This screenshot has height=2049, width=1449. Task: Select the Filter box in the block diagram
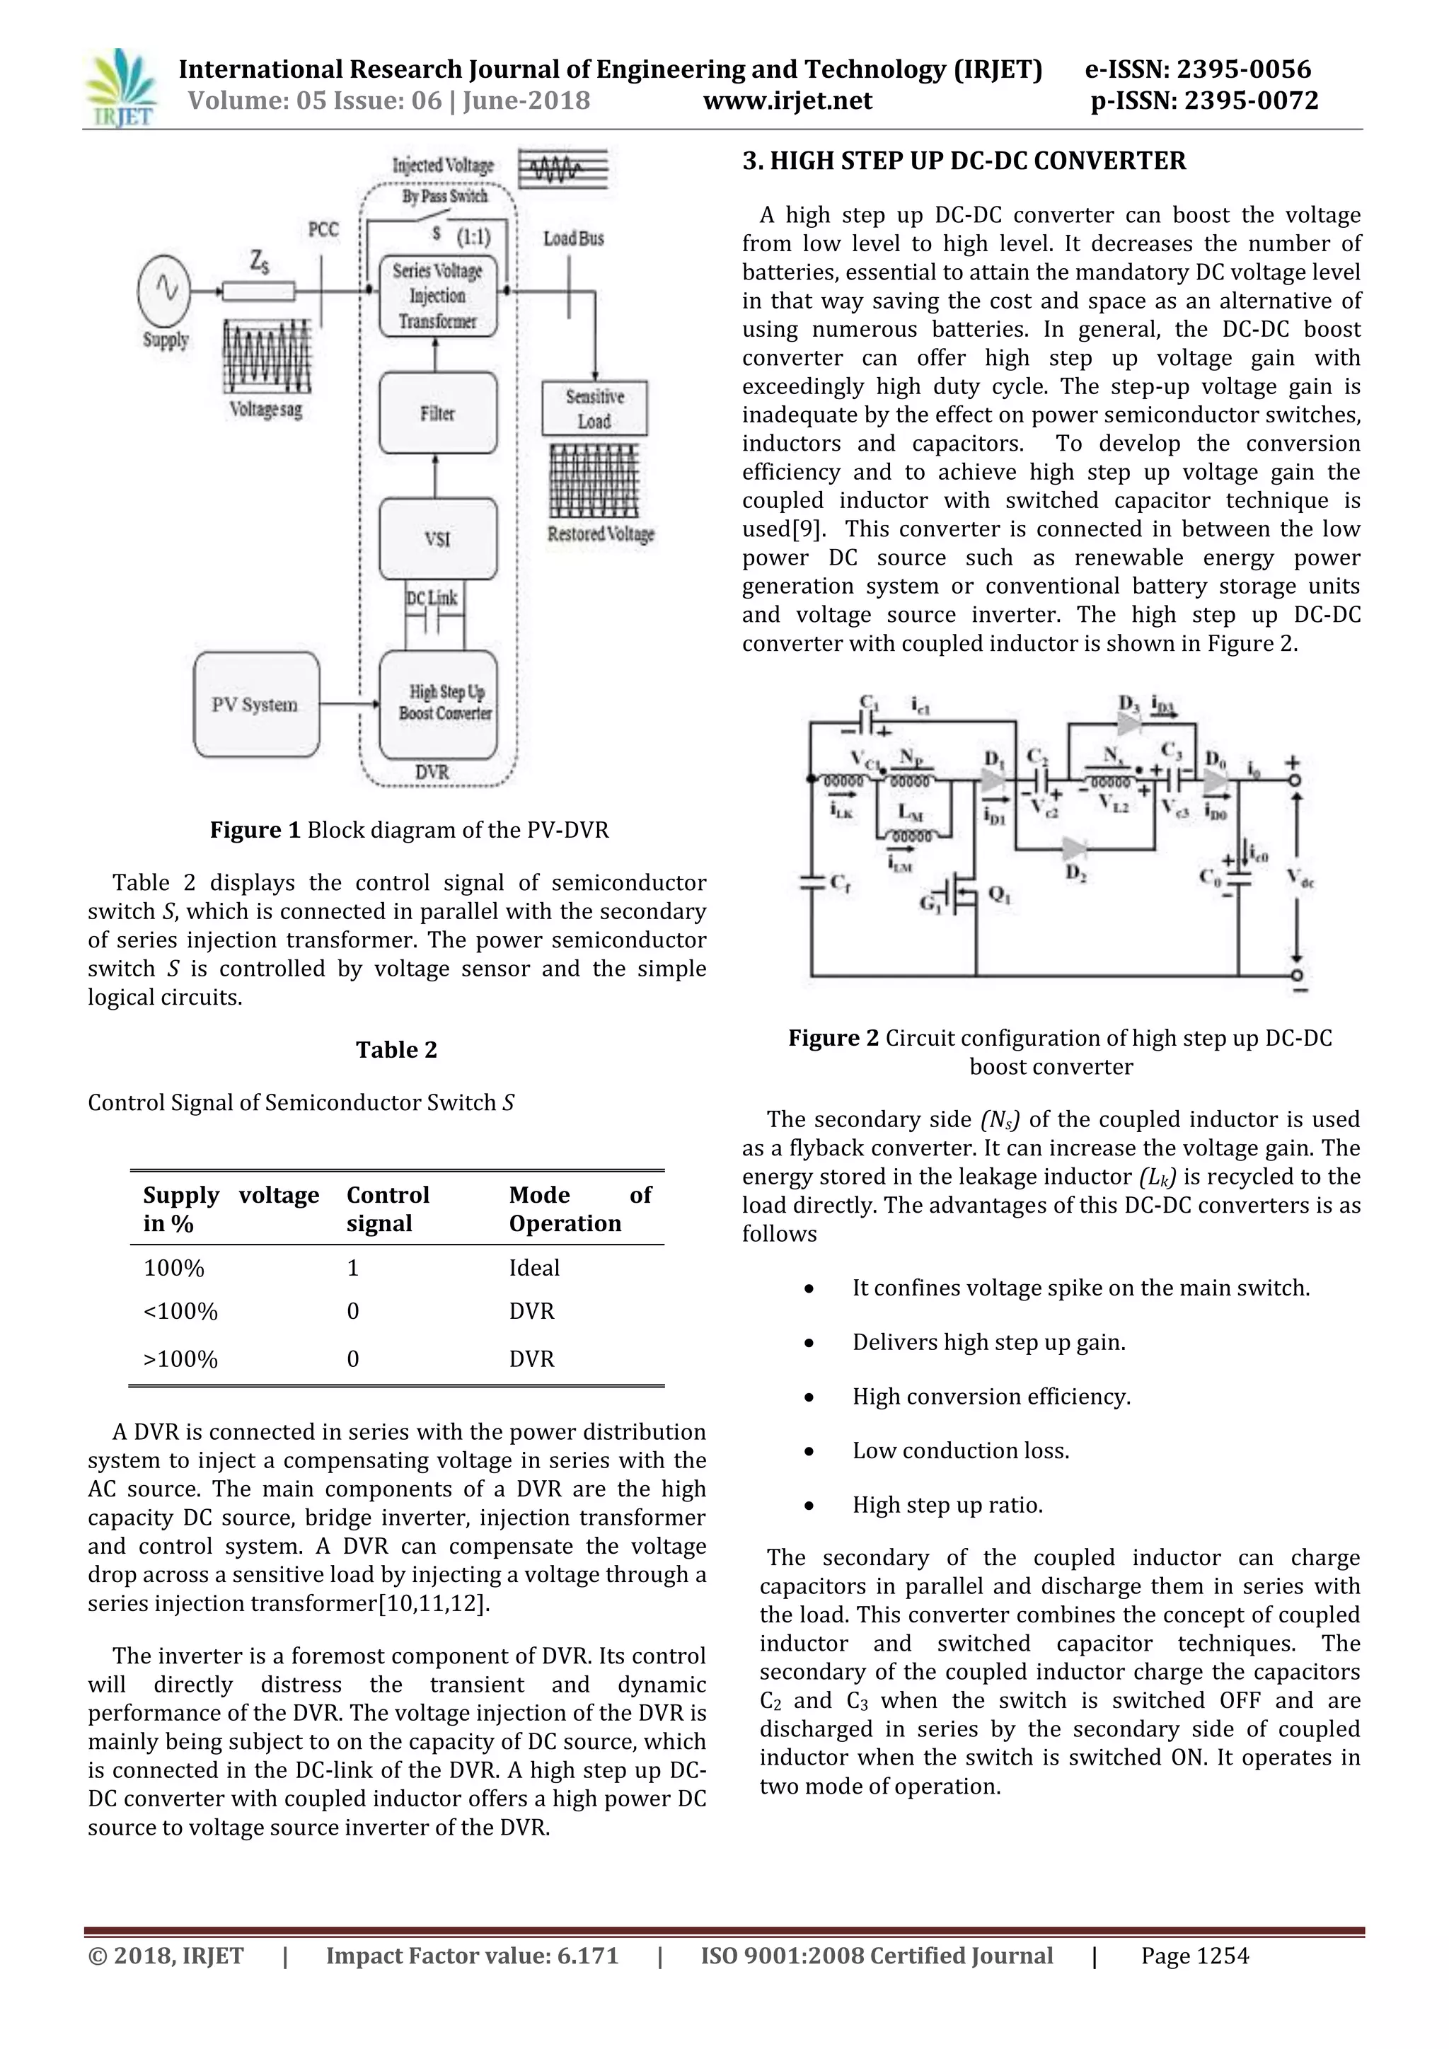coord(437,413)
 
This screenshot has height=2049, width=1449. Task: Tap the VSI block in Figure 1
coord(437,539)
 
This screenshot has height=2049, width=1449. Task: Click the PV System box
coord(256,705)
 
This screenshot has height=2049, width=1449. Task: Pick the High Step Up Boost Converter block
coord(438,704)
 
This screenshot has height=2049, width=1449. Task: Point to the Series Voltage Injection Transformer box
coord(437,296)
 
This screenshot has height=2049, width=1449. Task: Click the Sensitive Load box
coord(594,409)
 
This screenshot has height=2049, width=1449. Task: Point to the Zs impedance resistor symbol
coord(259,291)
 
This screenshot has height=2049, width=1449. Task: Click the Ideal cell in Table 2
coord(534,1268)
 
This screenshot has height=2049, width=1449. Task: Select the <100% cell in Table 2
coord(180,1311)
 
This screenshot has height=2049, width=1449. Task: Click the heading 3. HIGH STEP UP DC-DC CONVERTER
coord(964,161)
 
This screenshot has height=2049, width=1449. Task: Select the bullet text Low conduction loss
coord(960,1450)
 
